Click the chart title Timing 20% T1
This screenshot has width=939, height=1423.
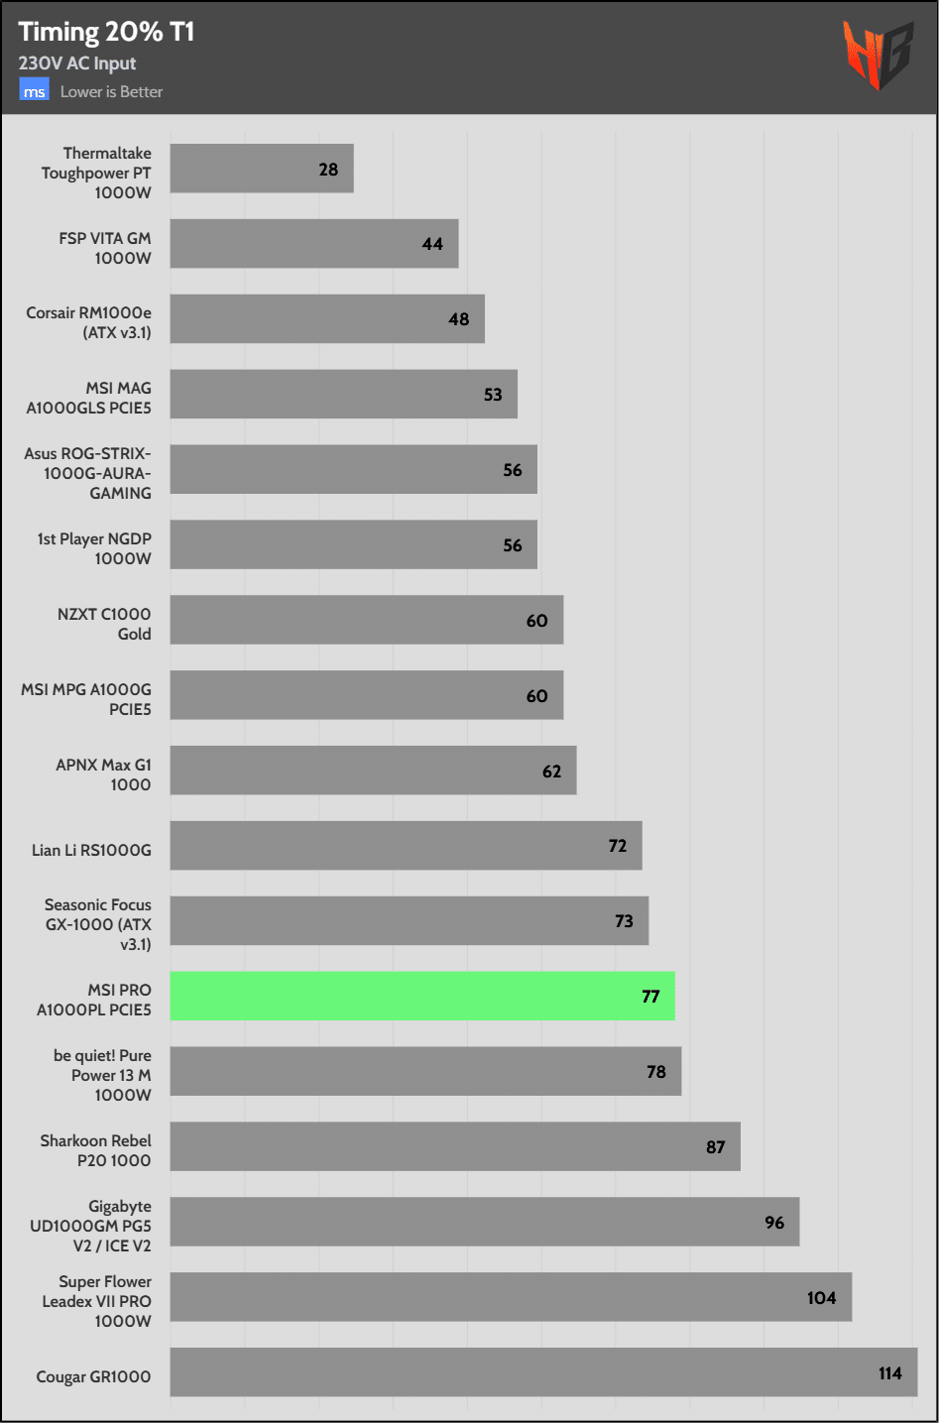click(x=106, y=33)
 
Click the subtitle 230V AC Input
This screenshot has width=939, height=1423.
click(x=77, y=63)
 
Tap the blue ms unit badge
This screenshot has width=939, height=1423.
click(x=34, y=91)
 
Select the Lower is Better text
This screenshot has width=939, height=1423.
click(x=111, y=91)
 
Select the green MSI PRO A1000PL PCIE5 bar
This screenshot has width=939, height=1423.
click(x=422, y=997)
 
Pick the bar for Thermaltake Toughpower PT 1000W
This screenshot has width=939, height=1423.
click(x=262, y=169)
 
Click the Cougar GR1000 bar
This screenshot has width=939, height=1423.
click(x=543, y=1372)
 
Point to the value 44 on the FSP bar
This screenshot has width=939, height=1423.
click(x=432, y=244)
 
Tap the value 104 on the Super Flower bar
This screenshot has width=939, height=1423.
click(x=821, y=1298)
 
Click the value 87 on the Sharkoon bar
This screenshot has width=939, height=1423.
click(x=715, y=1147)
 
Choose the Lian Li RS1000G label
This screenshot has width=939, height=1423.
click(x=91, y=850)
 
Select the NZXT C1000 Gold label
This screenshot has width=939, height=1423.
click(x=104, y=624)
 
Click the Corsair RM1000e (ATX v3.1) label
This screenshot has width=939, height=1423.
click(x=89, y=322)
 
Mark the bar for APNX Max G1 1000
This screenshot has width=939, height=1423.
click(x=373, y=771)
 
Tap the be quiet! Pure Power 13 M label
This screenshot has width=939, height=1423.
click(x=102, y=1075)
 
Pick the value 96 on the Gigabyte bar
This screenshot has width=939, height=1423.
click(x=774, y=1223)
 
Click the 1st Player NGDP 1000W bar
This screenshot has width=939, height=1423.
click(x=353, y=544)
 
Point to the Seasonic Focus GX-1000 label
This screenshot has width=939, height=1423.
click(x=98, y=924)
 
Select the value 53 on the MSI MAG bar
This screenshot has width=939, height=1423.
click(x=493, y=395)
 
